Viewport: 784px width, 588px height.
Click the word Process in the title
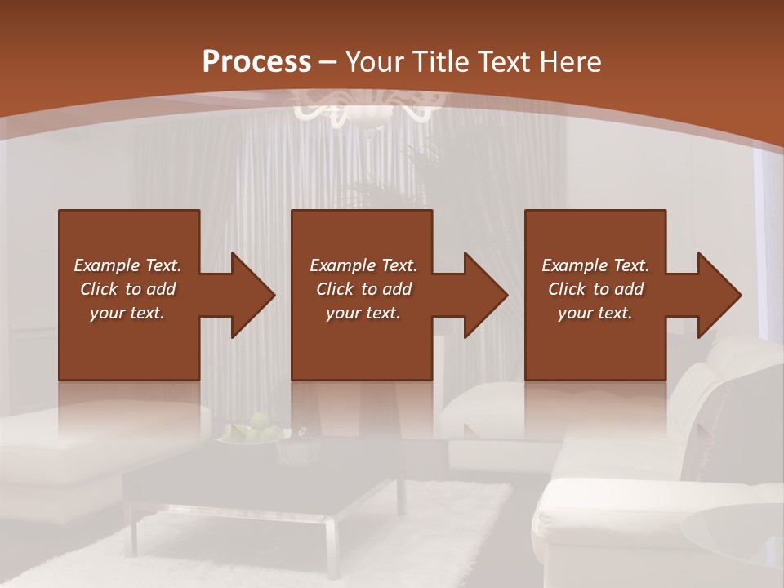(x=256, y=62)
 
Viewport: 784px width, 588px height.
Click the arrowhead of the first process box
(x=253, y=295)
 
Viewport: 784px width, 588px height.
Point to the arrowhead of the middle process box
(x=486, y=295)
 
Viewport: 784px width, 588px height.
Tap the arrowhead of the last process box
(x=719, y=295)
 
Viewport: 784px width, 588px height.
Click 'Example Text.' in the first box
(x=127, y=265)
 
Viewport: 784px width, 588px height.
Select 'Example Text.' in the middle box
(x=363, y=265)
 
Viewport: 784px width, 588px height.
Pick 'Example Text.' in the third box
(x=595, y=265)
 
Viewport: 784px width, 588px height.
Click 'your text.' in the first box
(x=127, y=313)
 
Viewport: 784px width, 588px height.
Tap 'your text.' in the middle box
(x=363, y=313)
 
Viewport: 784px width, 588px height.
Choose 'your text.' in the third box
(x=595, y=313)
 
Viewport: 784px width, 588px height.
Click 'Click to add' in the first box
(x=127, y=289)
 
